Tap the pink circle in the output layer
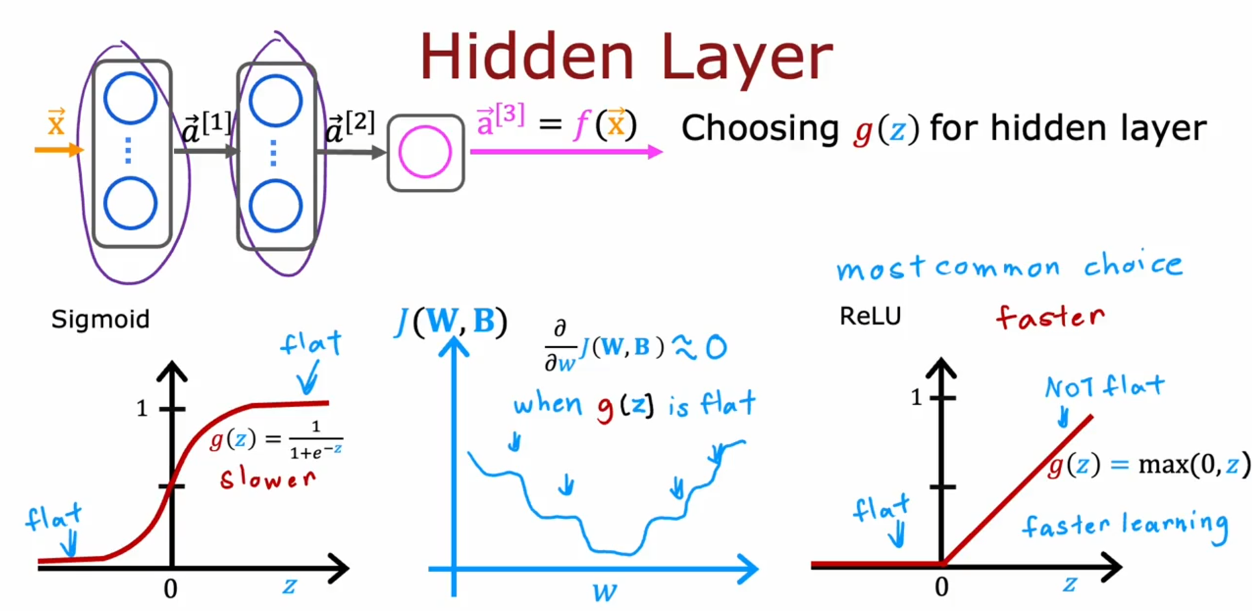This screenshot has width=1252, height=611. [425, 152]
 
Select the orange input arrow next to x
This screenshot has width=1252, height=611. [58, 150]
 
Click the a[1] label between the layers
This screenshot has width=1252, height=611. [206, 127]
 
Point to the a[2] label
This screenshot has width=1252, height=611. [349, 127]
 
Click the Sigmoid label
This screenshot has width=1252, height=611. [101, 319]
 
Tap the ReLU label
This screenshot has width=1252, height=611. [870, 316]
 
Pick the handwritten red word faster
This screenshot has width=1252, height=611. [1049, 317]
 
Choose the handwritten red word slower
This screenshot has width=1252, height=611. [268, 479]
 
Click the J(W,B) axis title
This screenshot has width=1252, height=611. [451, 321]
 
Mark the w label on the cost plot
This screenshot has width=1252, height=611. [605, 592]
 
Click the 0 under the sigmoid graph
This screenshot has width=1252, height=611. [170, 589]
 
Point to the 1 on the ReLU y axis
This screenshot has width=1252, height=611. [916, 397]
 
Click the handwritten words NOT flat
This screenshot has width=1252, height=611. [1104, 387]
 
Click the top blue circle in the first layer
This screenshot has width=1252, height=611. [131, 99]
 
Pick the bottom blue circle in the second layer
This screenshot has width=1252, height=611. [275, 206]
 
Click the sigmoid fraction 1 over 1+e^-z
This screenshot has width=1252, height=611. [316, 440]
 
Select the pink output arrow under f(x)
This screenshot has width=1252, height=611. [565, 152]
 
